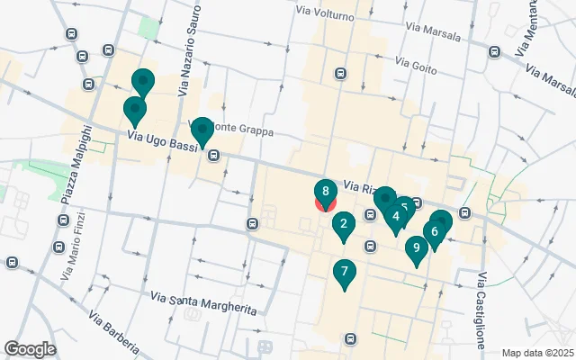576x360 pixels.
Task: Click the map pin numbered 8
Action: pos(325,192)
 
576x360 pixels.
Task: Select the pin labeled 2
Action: pos(343,225)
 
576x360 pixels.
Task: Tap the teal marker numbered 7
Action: pos(344,271)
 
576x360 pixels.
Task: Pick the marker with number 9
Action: pos(415,248)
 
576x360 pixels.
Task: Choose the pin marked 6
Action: pos(435,232)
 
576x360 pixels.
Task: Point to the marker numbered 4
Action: pos(396,216)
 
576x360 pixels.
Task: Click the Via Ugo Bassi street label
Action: pos(161,140)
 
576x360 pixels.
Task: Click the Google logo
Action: pos(30,349)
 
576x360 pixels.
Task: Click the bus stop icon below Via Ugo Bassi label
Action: pos(214,155)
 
